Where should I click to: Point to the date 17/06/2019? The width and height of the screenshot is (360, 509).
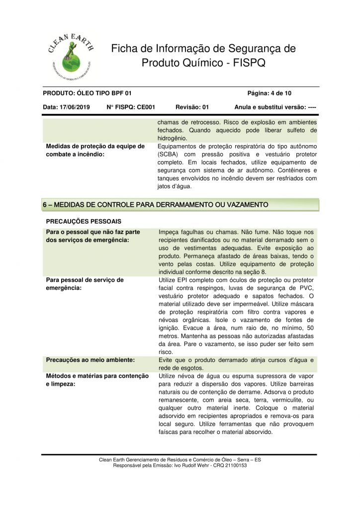[x=75, y=107]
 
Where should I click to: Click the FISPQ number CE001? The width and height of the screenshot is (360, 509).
[x=146, y=107]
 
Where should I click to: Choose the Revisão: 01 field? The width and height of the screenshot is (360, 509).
[x=192, y=107]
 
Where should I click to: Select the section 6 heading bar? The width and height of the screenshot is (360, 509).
[x=180, y=204]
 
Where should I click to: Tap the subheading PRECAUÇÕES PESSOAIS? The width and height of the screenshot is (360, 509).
[x=84, y=221]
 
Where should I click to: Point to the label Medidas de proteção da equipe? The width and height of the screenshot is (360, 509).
[x=95, y=146]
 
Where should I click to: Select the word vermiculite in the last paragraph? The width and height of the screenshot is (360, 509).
[x=280, y=400]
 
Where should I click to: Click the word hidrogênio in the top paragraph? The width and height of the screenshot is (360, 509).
[x=172, y=138]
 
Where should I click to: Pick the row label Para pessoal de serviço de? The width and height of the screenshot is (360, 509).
[x=85, y=280]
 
